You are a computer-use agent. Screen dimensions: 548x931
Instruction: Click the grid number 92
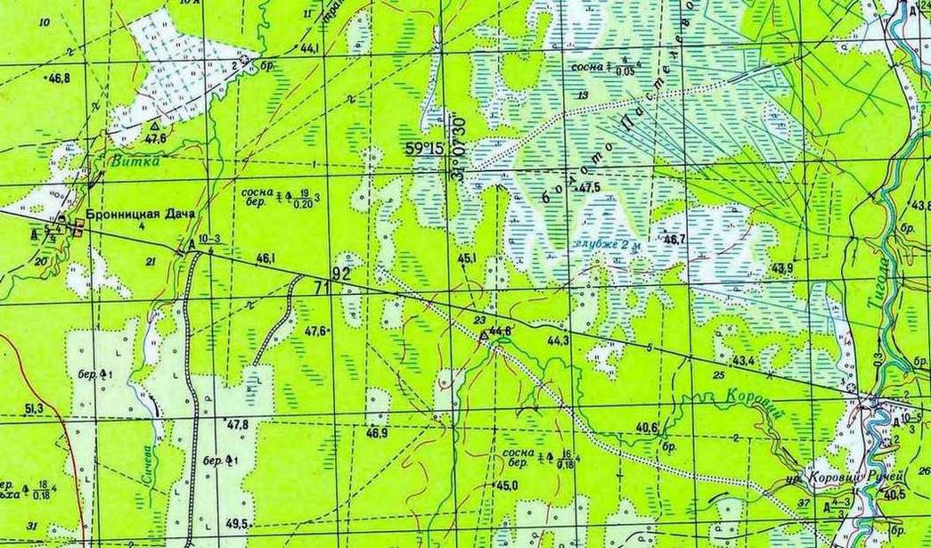(340, 272)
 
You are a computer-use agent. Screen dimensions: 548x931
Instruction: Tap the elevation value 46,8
(59, 78)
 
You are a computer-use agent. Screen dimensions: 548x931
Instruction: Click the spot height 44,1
(310, 48)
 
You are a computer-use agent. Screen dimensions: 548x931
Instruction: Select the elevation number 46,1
(265, 258)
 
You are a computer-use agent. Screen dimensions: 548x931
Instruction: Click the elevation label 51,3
(34, 408)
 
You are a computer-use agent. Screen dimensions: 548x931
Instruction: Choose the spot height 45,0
(506, 486)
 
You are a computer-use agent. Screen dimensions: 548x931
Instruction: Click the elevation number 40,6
(646, 426)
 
